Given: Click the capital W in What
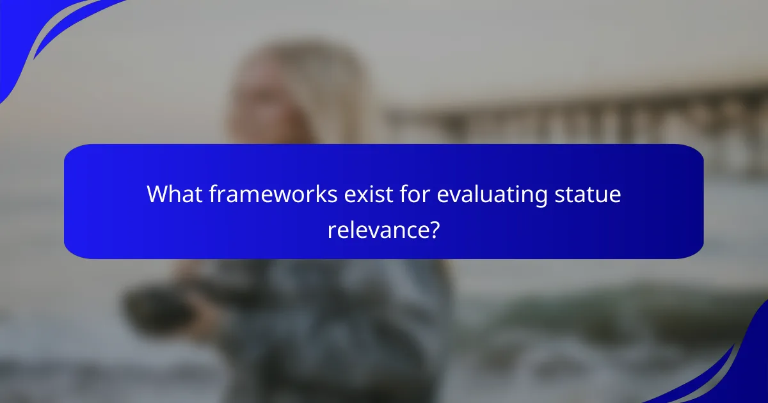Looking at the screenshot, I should point(159,194).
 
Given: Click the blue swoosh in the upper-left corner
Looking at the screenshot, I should point(38,32).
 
